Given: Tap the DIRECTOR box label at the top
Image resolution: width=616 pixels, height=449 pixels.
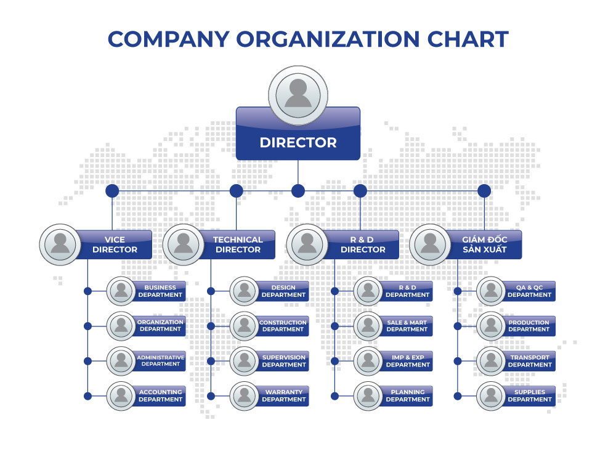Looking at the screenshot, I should point(298,143).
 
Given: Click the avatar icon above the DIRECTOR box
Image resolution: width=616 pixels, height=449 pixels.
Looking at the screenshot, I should point(298,95).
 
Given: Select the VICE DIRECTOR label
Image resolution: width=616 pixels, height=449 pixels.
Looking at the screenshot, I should point(115,245).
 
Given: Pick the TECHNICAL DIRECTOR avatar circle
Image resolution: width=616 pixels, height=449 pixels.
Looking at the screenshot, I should point(183,245).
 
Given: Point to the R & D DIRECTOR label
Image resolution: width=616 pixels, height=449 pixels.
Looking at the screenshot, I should point(363,245).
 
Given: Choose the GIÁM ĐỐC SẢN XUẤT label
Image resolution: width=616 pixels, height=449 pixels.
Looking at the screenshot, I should point(485,245).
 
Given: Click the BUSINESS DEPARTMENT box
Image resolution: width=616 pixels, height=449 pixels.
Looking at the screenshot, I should point(160,291).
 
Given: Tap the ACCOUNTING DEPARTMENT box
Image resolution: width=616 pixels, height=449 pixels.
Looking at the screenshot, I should point(160,395).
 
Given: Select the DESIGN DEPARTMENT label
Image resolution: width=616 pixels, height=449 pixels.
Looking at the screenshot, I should point(283,291).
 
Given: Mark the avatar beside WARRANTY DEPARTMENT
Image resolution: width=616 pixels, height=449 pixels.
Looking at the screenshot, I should point(245,395).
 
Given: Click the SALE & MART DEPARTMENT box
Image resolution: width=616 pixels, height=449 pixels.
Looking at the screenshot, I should point(407,326).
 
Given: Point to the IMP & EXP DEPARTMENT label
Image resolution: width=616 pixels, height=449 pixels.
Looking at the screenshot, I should point(407,361).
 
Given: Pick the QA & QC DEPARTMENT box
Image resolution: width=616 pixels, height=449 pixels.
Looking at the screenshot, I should point(530,291).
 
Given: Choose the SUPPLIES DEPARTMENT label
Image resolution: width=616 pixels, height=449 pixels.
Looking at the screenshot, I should point(530,395).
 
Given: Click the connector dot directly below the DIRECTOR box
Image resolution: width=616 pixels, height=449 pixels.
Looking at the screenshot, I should point(298,191).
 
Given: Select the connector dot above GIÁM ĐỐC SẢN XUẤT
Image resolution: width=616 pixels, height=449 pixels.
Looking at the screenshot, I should point(484,191).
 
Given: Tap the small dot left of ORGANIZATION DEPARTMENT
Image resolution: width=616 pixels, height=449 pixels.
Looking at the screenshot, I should point(87,326).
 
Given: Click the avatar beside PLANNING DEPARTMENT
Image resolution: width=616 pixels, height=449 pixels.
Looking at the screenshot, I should point(368,395).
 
